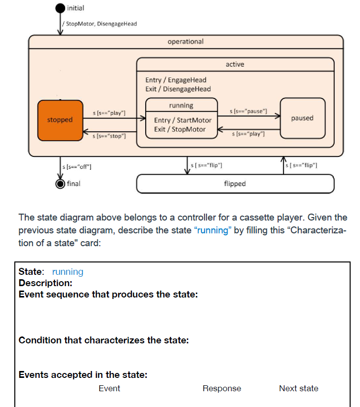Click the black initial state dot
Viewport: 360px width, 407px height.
click(60, 8)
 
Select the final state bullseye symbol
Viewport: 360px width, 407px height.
click(60, 184)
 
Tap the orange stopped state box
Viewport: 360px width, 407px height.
click(60, 120)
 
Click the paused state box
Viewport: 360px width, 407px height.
click(302, 118)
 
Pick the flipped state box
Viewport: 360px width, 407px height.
click(235, 184)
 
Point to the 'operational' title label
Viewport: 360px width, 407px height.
click(186, 41)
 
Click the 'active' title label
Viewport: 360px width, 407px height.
click(235, 64)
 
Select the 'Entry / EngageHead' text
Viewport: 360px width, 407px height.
click(176, 80)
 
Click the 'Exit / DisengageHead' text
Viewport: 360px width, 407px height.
click(178, 89)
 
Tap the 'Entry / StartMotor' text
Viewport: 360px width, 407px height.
click(182, 120)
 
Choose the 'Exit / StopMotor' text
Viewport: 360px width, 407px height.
click(180, 129)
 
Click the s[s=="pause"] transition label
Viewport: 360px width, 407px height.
click(249, 111)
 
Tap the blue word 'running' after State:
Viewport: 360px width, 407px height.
click(68, 272)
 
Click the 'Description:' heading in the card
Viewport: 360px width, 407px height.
click(45, 283)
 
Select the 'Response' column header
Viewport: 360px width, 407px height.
click(222, 388)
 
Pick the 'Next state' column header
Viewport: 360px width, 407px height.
click(298, 388)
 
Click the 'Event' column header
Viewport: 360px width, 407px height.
click(109, 388)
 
